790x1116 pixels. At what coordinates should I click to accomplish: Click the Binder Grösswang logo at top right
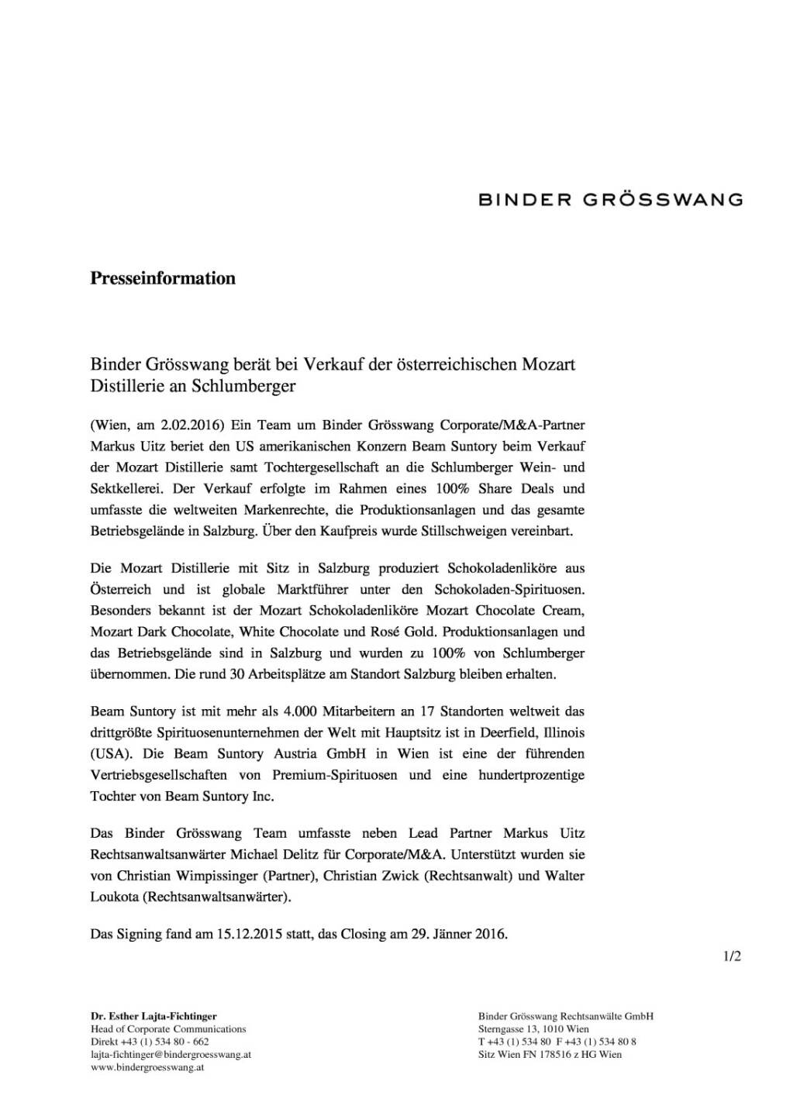610,200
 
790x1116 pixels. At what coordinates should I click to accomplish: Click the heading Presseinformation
163,278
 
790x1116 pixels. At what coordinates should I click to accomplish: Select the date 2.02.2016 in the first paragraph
192,425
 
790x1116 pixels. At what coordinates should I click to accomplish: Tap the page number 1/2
732,956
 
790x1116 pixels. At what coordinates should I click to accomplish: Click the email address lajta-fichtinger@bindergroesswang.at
171,1054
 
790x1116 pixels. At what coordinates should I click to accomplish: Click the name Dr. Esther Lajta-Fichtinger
154,1016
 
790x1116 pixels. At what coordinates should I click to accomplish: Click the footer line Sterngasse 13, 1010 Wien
533,1029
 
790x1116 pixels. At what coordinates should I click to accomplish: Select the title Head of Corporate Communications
168,1029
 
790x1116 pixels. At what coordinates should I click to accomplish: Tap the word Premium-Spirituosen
335,775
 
